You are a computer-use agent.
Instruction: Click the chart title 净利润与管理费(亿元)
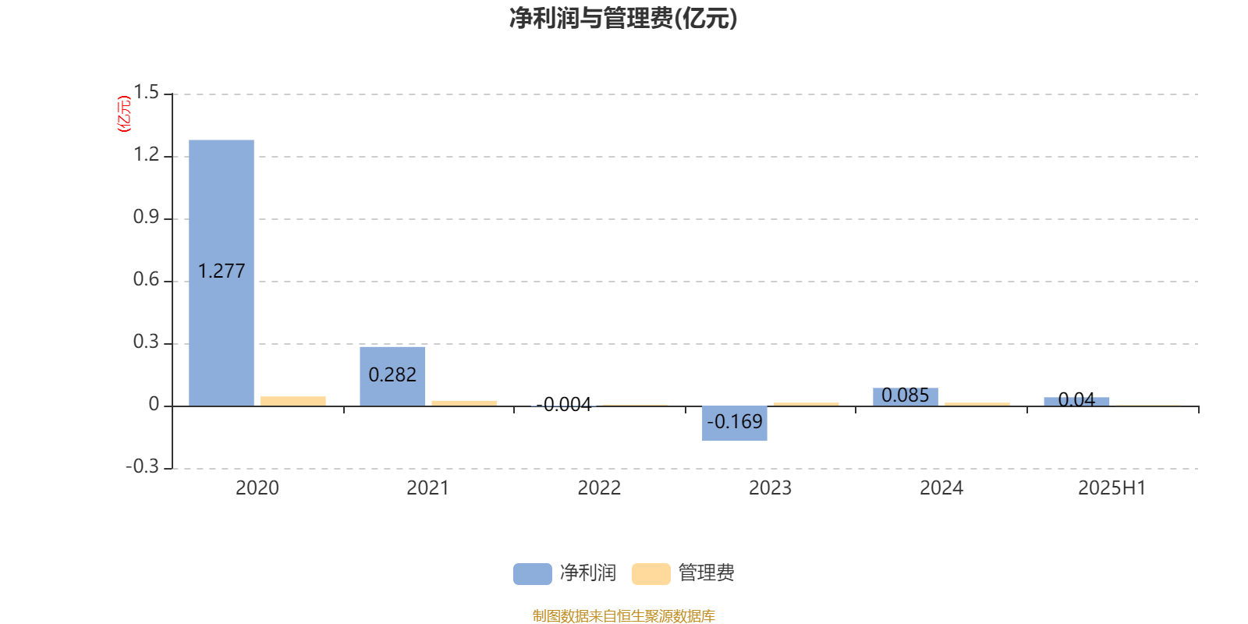[623, 19]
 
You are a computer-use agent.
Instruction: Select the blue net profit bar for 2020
[222, 273]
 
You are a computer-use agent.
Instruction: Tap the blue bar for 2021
[392, 377]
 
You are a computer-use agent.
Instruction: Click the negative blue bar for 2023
[734, 424]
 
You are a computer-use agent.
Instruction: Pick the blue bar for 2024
[906, 397]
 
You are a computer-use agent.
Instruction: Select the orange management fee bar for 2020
[293, 401]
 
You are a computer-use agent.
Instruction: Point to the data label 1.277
[222, 271]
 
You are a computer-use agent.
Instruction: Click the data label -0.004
[563, 405]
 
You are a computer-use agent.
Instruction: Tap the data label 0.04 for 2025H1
[1076, 399]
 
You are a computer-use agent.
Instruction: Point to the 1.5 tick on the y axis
[146, 93]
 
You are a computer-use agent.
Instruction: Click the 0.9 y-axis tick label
[146, 218]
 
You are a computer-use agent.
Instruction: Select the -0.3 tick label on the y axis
[143, 466]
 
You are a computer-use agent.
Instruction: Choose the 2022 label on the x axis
[599, 488]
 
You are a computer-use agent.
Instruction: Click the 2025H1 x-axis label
[1112, 488]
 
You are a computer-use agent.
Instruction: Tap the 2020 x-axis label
[257, 488]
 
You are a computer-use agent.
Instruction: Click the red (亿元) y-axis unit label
[124, 114]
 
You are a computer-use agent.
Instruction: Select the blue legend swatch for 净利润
[533, 574]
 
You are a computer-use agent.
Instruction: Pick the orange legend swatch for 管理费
[651, 574]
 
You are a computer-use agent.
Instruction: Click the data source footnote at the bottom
[623, 615]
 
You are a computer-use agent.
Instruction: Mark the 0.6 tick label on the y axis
[146, 280]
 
